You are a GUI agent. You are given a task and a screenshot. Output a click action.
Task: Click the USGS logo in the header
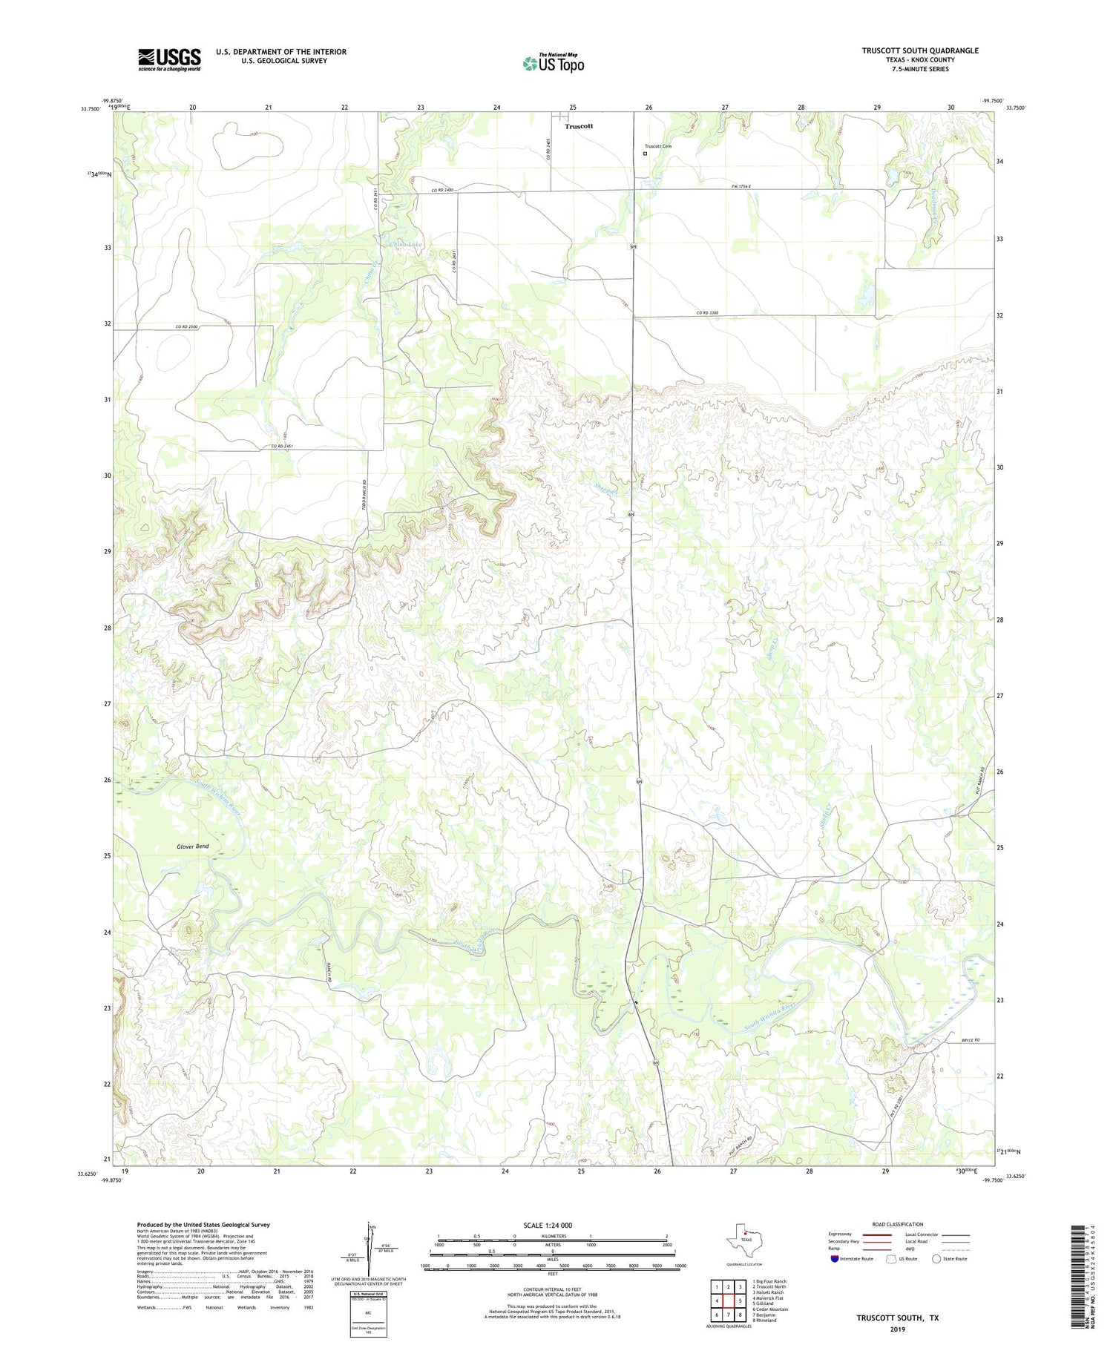point(169,59)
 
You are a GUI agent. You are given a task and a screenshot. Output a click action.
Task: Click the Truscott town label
point(579,126)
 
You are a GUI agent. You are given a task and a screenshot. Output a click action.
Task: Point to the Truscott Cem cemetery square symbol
point(645,154)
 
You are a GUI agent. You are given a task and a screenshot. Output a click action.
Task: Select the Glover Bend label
point(193,846)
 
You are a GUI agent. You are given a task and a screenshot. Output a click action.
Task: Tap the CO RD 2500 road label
point(189,327)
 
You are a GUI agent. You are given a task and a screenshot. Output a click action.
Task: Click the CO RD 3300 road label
point(707,313)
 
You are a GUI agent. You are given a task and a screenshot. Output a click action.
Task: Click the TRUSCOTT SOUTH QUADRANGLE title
point(919,50)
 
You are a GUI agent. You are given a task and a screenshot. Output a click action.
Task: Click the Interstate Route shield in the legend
point(835,1258)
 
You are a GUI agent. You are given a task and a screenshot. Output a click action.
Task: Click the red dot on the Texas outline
point(746,1234)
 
